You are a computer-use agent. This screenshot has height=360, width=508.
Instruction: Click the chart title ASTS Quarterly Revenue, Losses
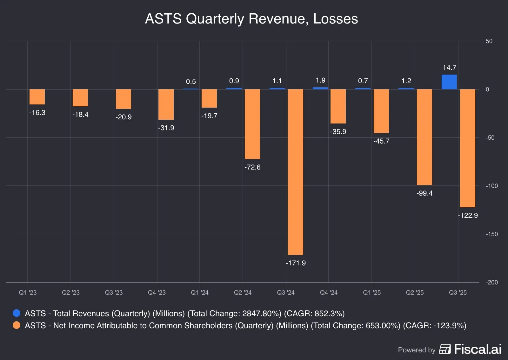(x=251, y=19)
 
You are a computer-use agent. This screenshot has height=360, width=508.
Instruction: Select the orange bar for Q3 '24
(x=295, y=171)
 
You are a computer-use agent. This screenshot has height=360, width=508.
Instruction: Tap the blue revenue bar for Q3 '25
(x=449, y=82)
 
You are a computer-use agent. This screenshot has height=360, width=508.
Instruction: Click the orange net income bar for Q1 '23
(x=37, y=97)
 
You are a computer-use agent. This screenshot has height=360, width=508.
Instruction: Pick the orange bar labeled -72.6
(x=252, y=124)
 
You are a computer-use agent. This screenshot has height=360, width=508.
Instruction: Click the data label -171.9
(x=296, y=263)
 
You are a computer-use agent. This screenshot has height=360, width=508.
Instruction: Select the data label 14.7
(x=449, y=68)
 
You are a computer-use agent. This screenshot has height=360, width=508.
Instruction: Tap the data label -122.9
(x=468, y=216)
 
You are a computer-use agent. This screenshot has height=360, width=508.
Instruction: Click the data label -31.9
(x=166, y=128)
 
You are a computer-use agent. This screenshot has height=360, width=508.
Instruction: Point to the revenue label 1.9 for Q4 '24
(x=320, y=80)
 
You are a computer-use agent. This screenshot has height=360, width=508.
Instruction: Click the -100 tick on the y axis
(x=491, y=186)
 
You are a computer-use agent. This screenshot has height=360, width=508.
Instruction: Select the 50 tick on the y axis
(x=489, y=41)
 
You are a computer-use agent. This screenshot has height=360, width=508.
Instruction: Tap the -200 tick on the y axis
(x=491, y=283)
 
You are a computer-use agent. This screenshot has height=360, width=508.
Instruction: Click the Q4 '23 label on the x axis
(x=157, y=293)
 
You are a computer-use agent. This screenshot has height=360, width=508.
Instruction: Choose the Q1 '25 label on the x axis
(x=372, y=293)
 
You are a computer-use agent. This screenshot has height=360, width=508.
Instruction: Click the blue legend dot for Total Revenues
(x=17, y=313)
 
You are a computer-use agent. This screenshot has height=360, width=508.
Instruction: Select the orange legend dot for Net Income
(x=17, y=325)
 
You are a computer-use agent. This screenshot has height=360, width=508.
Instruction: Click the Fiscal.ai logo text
(x=478, y=349)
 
